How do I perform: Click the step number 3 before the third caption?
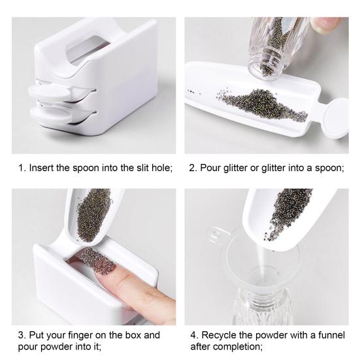pos(18,335)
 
